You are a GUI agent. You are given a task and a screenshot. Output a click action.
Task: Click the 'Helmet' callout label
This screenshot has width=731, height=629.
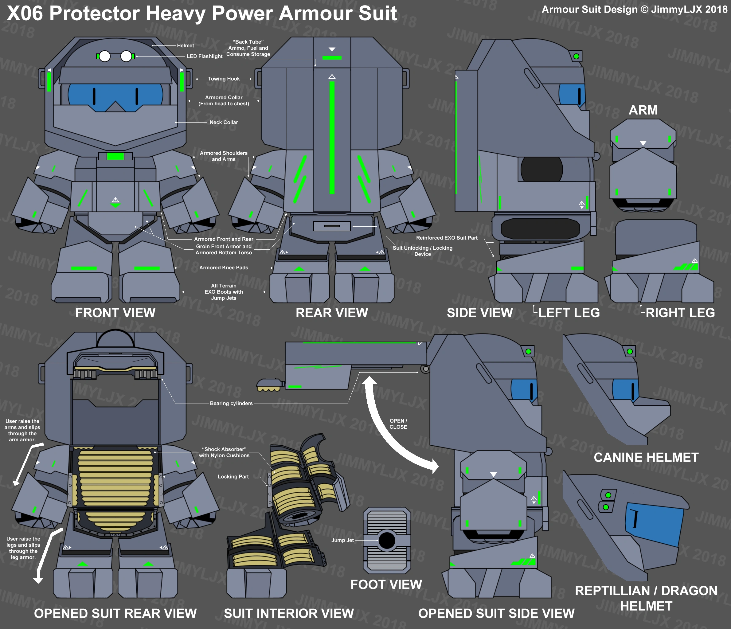(x=185, y=45)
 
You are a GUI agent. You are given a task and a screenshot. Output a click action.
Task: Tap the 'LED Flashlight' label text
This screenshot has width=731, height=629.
(x=204, y=57)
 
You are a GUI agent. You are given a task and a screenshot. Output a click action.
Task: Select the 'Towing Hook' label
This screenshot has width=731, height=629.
(x=223, y=79)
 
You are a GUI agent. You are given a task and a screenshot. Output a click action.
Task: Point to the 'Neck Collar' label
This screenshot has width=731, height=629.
(x=224, y=123)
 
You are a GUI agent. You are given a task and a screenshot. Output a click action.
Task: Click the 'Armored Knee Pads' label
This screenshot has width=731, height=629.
(x=224, y=268)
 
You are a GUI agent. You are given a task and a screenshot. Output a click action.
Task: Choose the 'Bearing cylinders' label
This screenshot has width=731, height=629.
(x=231, y=404)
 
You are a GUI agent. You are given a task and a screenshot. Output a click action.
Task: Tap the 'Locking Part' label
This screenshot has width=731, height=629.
(x=233, y=477)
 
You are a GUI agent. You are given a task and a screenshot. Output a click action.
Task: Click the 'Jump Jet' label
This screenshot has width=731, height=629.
(x=342, y=540)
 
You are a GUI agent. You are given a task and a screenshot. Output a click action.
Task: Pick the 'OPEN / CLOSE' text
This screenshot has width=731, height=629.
(x=398, y=424)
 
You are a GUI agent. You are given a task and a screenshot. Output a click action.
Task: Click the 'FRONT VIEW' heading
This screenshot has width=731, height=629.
(x=115, y=313)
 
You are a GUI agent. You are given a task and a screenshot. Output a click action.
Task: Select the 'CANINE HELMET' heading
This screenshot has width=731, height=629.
(x=646, y=458)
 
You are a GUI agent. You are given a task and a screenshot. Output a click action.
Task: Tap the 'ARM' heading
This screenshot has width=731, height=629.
(x=643, y=110)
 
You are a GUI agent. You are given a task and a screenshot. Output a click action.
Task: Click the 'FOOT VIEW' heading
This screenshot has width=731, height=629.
(x=386, y=584)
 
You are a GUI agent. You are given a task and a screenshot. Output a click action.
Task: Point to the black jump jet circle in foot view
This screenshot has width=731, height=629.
(x=387, y=540)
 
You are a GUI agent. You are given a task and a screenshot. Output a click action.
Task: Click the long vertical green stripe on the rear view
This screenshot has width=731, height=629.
(x=332, y=138)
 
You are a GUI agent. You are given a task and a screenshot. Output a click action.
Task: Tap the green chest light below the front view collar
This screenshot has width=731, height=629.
(x=115, y=156)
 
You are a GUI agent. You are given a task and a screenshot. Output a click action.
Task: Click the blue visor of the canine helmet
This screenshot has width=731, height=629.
(x=625, y=389)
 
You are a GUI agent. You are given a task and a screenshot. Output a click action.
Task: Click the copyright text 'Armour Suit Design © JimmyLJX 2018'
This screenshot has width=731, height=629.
(x=634, y=10)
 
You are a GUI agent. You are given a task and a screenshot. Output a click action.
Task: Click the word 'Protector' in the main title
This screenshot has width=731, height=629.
(x=95, y=14)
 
